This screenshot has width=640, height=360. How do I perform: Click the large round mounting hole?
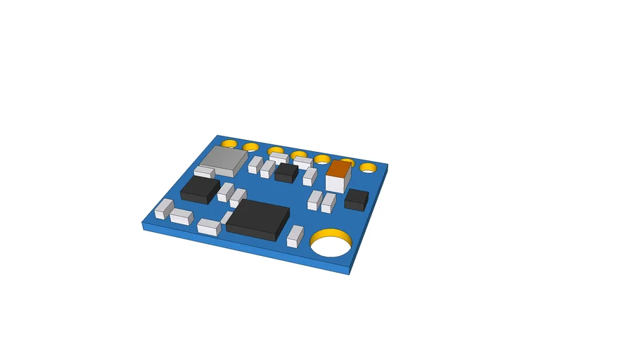coord(331,245)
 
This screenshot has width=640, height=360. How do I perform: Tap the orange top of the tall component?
coord(339,169)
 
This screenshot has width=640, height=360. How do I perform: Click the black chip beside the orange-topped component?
coord(357,199)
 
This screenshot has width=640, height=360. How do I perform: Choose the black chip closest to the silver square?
coord(200,189)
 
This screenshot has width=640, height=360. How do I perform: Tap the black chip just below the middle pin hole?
coord(286,172)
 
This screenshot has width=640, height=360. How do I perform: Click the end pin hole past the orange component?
coord(368,167)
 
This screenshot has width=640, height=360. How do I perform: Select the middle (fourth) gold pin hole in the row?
coord(299,155)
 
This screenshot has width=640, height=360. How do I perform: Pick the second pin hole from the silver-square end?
coord(251,147)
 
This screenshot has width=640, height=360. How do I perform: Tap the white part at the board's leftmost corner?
coord(164,208)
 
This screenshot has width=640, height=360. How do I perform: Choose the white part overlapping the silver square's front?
coord(205,172)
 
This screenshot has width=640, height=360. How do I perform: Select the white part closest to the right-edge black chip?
coord(328,202)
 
